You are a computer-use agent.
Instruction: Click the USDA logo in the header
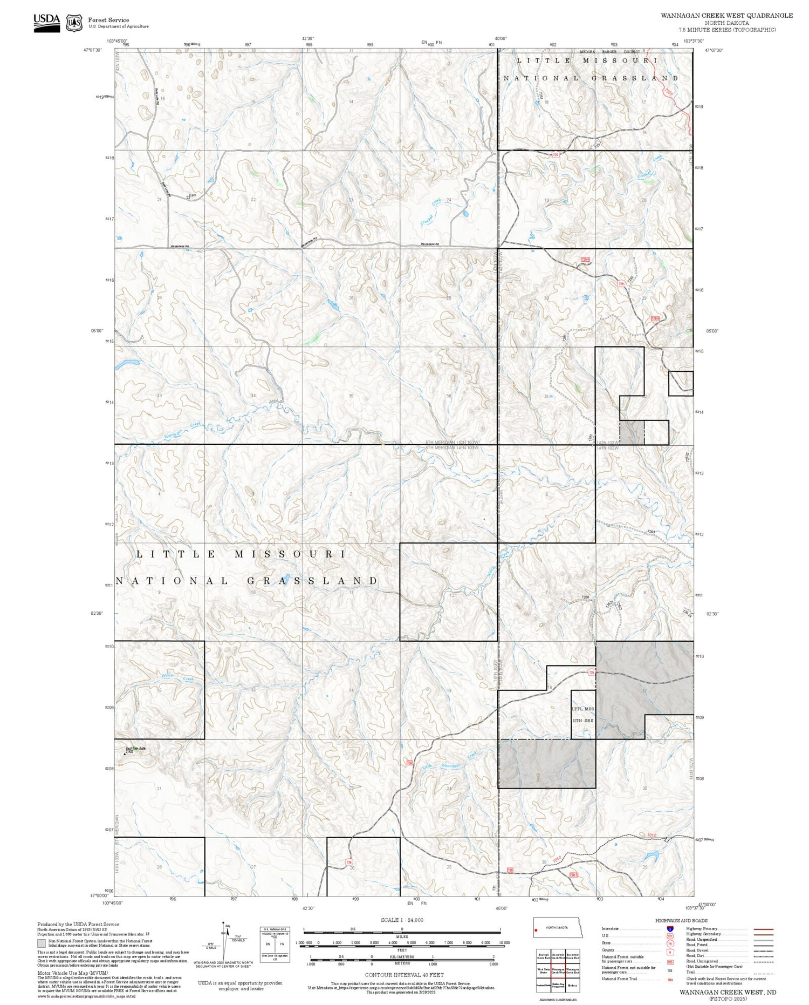pos(46,23)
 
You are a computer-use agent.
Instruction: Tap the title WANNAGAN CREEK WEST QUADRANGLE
pos(726,16)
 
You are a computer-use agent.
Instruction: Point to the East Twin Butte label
pos(135,748)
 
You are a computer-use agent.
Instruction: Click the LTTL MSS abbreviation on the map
pos(582,709)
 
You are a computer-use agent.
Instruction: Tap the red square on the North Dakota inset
pos(537,931)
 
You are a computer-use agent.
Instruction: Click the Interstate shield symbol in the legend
pos(670,928)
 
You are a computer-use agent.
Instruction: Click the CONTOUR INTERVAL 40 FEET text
pos(404,975)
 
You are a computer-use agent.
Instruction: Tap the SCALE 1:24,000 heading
pos(402,920)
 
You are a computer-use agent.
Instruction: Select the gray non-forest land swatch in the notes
pos(42,943)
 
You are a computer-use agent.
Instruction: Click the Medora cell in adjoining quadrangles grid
pos(573,985)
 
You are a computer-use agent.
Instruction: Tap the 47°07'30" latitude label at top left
pos(93,50)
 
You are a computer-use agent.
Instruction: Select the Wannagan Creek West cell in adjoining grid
pos(558,970)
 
